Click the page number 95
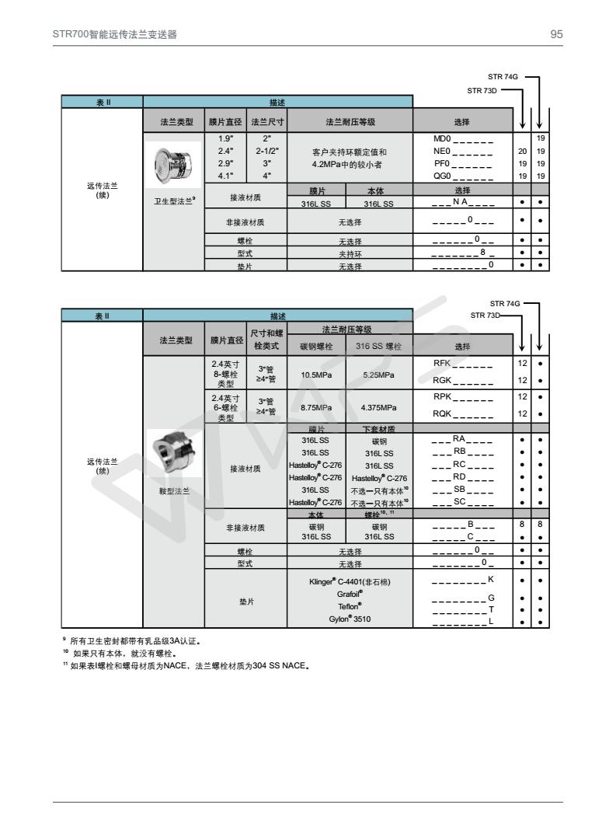point(556,34)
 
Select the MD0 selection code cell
point(463,138)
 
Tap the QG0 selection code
point(463,176)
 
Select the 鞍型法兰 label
point(173,490)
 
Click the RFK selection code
point(463,362)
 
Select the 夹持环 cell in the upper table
point(349,253)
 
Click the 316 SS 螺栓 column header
point(378,346)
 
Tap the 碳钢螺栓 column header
point(316,346)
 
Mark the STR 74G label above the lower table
point(504,302)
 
